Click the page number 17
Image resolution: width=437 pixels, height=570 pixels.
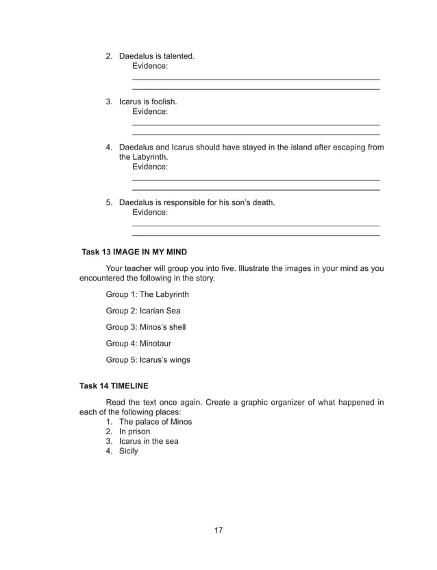[218, 530]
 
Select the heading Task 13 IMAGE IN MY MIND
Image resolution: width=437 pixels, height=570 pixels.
[134, 252]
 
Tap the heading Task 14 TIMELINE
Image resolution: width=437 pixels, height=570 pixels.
[114, 386]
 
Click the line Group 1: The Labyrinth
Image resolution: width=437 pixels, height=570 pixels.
[147, 294]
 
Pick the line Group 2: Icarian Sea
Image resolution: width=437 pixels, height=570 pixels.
[143, 311]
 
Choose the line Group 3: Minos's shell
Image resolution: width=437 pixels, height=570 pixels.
[145, 327]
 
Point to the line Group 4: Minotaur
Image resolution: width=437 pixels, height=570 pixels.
[138, 343]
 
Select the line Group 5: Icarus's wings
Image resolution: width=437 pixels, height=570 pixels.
[148, 359]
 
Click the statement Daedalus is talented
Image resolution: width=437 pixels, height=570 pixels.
[156, 56]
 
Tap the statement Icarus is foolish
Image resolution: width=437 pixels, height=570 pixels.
[148, 102]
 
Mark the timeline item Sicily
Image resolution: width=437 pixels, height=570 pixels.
[128, 451]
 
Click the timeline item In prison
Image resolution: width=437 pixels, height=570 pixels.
[134, 431]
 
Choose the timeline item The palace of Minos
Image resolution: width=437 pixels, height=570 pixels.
[155, 422]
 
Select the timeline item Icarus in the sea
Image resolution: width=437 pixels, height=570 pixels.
[149, 441]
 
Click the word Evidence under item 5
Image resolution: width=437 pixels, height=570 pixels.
[149, 212]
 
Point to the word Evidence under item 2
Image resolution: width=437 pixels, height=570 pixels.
[149, 65]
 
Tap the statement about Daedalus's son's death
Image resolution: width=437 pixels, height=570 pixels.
[197, 202]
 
